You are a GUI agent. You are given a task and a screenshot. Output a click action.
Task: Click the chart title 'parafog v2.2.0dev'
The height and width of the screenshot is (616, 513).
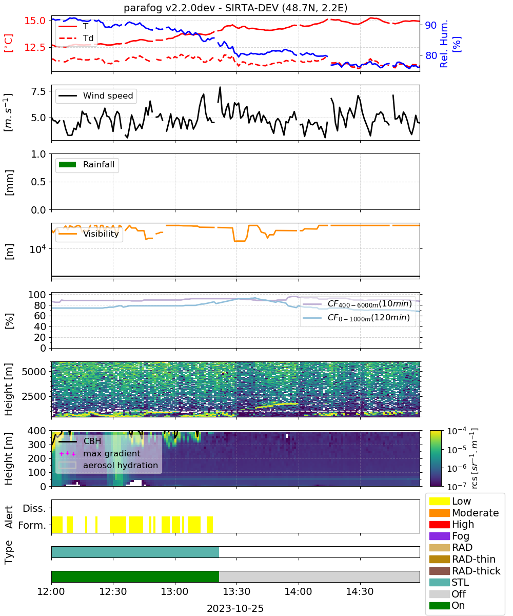pyautogui.click(x=169, y=8)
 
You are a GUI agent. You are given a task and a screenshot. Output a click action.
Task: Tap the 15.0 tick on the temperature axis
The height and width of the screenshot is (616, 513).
pyautogui.click(x=35, y=21)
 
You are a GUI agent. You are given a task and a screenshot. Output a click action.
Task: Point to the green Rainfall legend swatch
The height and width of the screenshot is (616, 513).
pyautogui.click(x=67, y=165)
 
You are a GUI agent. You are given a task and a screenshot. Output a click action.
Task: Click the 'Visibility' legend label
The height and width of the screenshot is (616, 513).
pyautogui.click(x=101, y=234)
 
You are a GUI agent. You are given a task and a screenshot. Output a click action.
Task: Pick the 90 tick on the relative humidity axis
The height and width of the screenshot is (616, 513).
pyautogui.click(x=431, y=25)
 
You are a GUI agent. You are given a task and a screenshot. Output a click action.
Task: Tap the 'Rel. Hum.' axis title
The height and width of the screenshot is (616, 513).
pyautogui.click(x=444, y=44)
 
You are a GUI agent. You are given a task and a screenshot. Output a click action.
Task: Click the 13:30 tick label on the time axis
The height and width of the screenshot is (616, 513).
pyautogui.click(x=236, y=591)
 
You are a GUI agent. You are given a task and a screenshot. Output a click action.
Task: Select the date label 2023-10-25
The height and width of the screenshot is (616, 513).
pyautogui.click(x=235, y=608)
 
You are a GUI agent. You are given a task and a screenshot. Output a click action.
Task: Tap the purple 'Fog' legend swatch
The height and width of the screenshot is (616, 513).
pyautogui.click(x=439, y=536)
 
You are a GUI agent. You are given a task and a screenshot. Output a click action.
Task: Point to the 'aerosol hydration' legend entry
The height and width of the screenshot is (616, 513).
pyautogui.click(x=108, y=465)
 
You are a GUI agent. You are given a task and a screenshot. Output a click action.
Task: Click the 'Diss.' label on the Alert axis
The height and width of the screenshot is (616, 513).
pyautogui.click(x=34, y=508)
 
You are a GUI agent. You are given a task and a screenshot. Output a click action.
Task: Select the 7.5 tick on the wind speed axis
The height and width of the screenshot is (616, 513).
pyautogui.click(x=38, y=91)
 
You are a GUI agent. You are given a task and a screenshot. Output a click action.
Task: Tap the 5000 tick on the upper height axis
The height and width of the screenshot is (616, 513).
pyautogui.click(x=34, y=372)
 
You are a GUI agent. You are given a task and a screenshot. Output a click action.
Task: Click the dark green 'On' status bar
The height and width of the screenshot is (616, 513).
pyautogui.click(x=135, y=577)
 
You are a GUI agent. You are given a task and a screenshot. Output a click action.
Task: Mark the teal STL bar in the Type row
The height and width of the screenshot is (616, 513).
pyautogui.click(x=135, y=552)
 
